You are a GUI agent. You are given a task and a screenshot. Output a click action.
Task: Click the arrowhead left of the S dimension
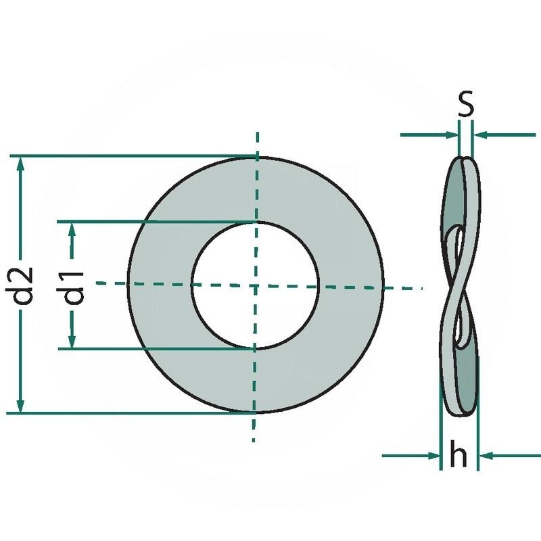[x=451, y=135]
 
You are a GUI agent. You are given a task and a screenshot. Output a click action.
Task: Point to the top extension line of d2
[x=135, y=156]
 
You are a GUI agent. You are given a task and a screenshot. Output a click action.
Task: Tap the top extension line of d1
[x=156, y=221]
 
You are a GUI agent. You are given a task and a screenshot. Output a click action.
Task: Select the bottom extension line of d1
[x=156, y=349]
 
